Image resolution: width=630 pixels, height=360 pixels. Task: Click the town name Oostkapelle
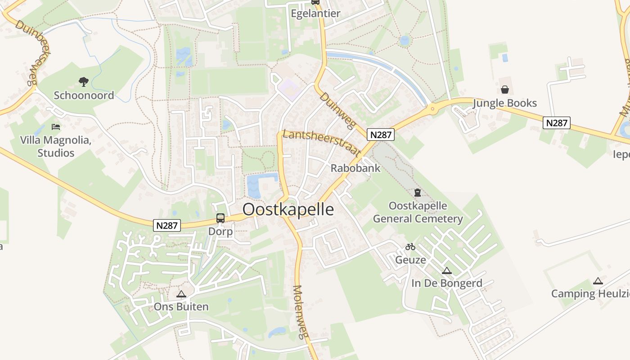288,210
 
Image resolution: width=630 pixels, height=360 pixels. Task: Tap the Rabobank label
355,168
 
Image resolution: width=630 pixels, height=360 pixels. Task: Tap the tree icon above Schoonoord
84,82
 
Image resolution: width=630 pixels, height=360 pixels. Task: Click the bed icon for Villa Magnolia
56,127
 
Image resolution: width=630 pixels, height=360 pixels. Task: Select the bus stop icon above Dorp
220,218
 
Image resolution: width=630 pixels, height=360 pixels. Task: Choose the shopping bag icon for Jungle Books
505,90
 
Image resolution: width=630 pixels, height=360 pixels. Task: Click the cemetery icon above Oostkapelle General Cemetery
418,193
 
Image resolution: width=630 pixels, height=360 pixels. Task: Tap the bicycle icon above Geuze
410,247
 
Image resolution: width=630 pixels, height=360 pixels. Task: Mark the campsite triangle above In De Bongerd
446,270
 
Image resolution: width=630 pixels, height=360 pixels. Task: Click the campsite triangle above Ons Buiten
181,294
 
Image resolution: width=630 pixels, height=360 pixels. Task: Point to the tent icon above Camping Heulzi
598,281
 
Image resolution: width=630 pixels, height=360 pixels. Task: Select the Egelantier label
315,13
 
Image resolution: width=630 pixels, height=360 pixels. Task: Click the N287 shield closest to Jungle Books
557,123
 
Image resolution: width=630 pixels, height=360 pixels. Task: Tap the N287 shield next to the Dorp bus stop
167,225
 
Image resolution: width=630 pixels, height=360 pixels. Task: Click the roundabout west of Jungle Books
432,108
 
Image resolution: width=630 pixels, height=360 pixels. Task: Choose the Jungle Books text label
505,103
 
